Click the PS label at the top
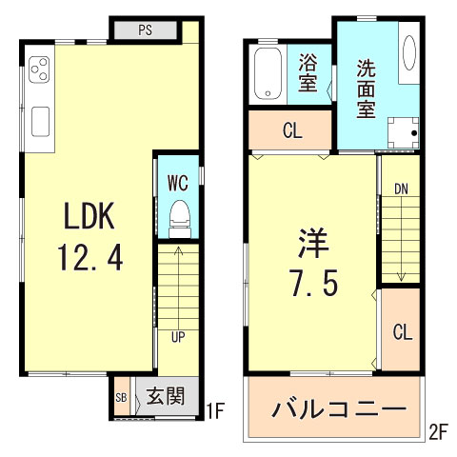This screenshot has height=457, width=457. click(146, 30)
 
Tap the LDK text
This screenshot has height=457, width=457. click(89, 217)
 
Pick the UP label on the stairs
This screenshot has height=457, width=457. click(178, 336)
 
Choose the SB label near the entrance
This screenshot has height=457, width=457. click(121, 398)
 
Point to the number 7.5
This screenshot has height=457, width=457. click(312, 284)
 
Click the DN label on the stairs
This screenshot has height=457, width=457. click(402, 189)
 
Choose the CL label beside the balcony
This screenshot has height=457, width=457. click(402, 332)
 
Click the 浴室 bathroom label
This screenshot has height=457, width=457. click(307, 73)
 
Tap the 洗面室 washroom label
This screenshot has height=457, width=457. click(366, 88)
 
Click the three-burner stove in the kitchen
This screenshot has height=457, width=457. click(40, 70)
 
